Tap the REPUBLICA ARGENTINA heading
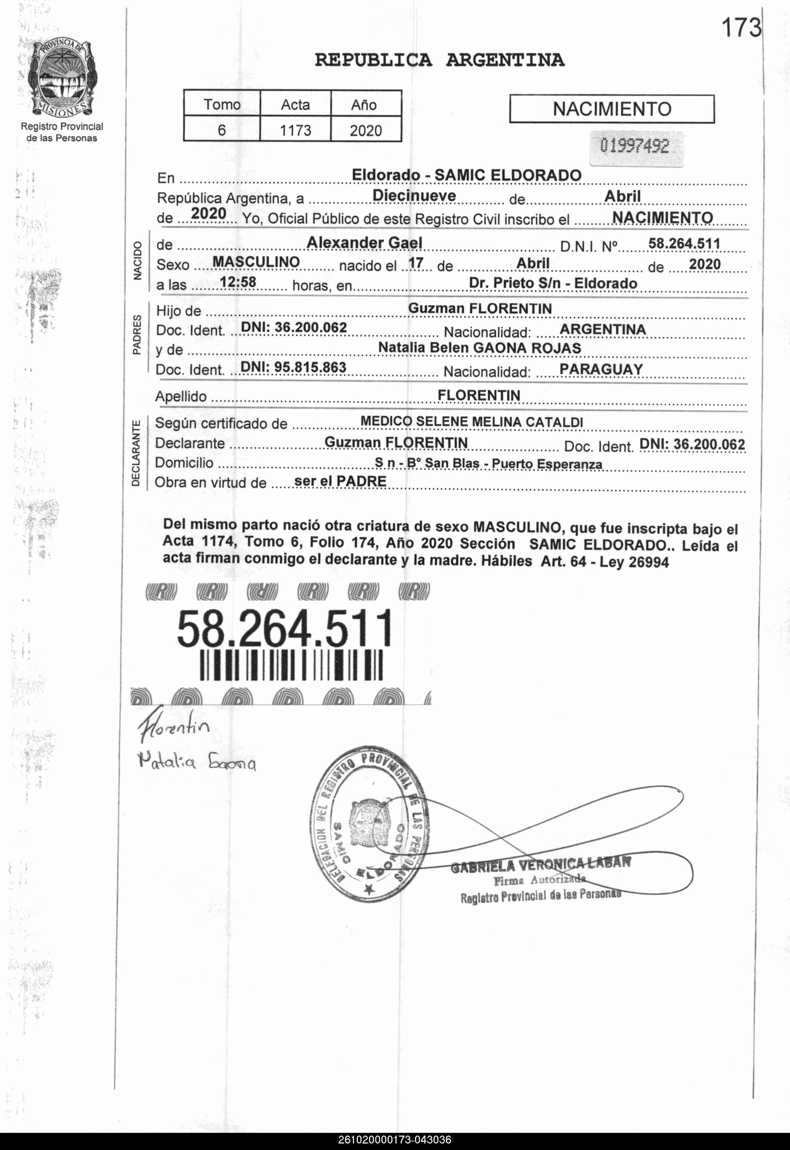click(x=439, y=60)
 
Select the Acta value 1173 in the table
click(x=295, y=130)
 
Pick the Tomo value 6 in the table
click(x=222, y=130)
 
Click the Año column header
click(x=364, y=105)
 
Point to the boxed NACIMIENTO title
click(x=612, y=109)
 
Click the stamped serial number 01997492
click(x=635, y=147)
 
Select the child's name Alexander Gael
click(x=364, y=243)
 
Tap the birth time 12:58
click(x=238, y=282)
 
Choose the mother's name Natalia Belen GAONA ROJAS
click(x=480, y=348)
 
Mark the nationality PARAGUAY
click(x=601, y=369)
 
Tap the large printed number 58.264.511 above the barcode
click(x=285, y=629)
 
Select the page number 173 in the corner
click(x=741, y=28)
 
